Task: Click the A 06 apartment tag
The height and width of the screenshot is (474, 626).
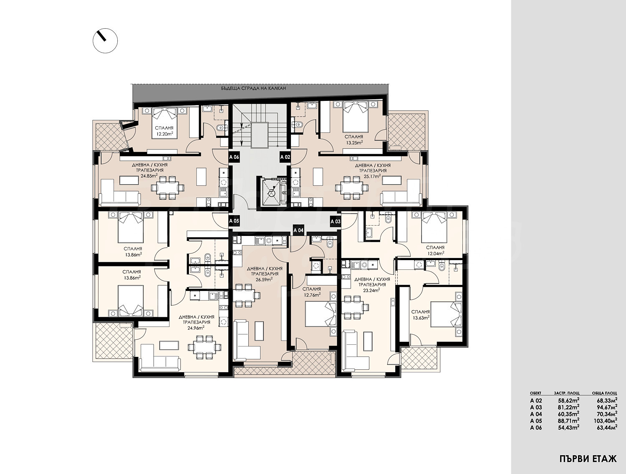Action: tap(234, 157)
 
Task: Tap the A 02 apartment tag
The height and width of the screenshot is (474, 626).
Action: tap(285, 157)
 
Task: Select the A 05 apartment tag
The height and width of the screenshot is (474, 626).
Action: tap(234, 221)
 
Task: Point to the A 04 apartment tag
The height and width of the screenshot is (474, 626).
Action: tap(298, 230)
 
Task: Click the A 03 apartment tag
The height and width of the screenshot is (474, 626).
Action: tap(336, 221)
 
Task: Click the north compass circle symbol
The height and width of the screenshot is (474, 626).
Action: tap(105, 40)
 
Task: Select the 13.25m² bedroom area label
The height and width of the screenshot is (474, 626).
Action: tap(353, 143)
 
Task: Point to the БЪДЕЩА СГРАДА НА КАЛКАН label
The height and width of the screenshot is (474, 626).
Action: tap(253, 88)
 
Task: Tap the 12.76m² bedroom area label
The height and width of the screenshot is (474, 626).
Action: tap(313, 295)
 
